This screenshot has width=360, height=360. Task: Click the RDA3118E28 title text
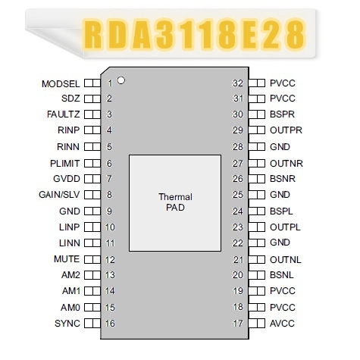tap(195, 34)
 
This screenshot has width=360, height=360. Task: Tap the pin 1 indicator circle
tap(121, 80)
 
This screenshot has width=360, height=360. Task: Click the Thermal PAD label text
tap(175, 202)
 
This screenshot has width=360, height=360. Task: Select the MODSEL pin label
tap(61, 84)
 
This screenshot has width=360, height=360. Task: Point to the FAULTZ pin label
tap(64, 114)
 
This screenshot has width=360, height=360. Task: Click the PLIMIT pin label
tap(65, 164)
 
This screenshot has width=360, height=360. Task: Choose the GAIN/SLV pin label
tap(59, 195)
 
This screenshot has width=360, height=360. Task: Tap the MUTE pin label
tap(67, 259)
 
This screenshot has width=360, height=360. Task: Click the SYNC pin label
tap(67, 324)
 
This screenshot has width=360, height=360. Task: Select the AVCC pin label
tap(282, 324)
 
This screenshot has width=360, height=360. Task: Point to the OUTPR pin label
tap(286, 130)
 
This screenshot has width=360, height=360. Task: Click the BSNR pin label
tap(283, 179)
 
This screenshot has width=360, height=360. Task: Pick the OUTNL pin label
tap(286, 260)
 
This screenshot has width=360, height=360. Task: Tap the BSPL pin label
tap(281, 211)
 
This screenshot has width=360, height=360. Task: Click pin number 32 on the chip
tap(237, 83)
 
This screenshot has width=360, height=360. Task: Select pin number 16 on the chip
tap(110, 324)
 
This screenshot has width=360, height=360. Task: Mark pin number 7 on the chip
tap(109, 179)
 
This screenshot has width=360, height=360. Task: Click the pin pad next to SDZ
tap(92, 99)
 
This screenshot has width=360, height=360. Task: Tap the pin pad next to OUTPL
tap(257, 227)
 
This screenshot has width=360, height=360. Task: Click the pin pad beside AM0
tap(92, 308)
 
